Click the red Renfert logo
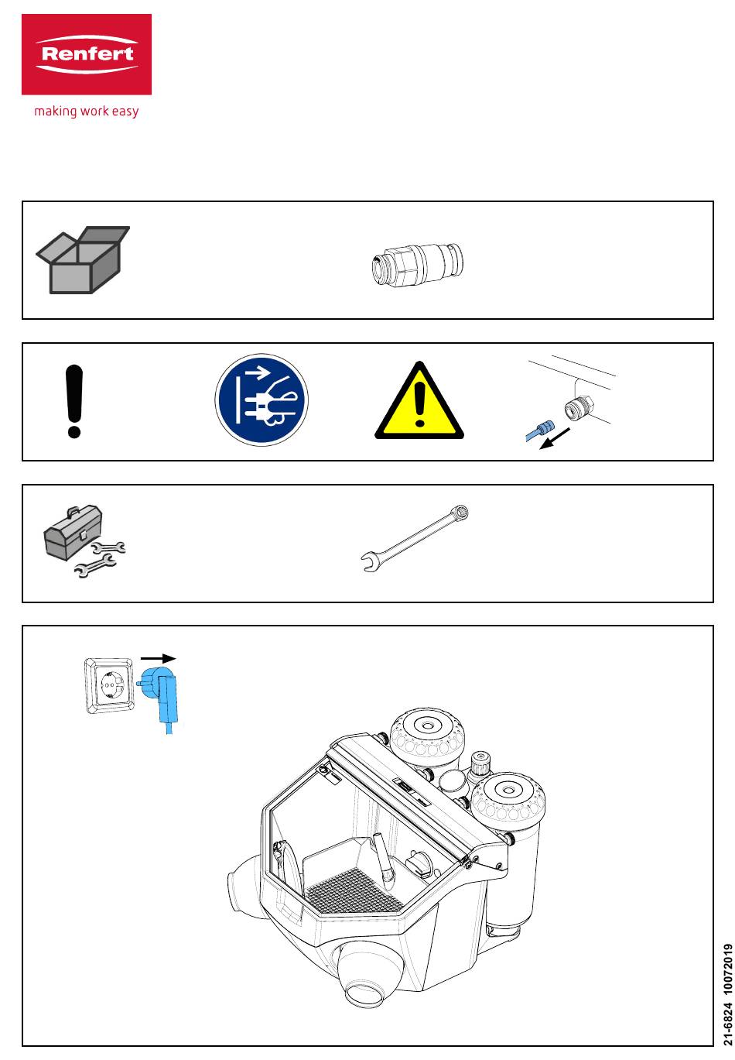click(x=87, y=54)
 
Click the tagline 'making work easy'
click(x=87, y=111)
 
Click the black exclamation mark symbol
click(x=74, y=401)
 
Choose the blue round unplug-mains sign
click(x=262, y=401)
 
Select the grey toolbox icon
click(x=72, y=532)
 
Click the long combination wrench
click(x=416, y=537)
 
